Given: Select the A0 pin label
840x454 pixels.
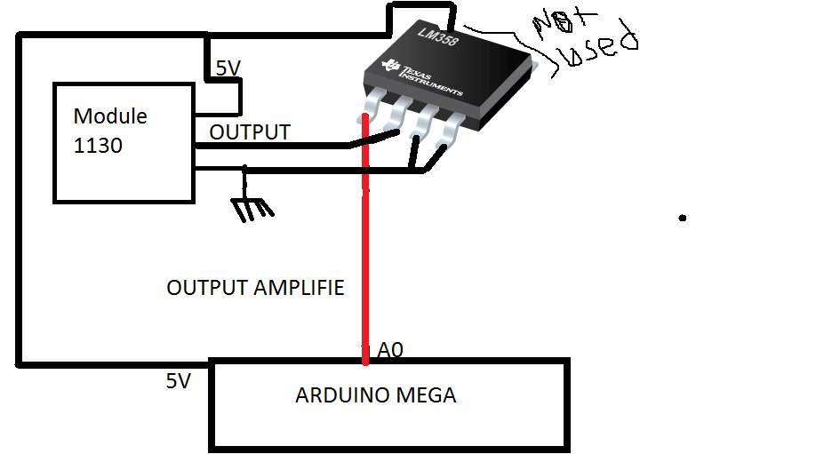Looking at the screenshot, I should click(x=390, y=351).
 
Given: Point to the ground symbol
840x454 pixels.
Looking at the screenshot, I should click(x=252, y=207).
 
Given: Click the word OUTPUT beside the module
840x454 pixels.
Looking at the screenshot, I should click(x=250, y=132).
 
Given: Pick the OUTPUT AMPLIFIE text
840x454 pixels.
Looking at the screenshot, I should click(x=255, y=288).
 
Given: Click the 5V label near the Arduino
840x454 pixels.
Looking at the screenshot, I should click(x=178, y=381).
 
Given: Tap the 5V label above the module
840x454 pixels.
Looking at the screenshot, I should click(x=228, y=68).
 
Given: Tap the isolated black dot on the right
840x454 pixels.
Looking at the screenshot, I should click(x=683, y=217).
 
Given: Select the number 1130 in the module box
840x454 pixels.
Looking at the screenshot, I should click(x=98, y=145).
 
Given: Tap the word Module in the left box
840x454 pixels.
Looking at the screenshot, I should click(x=110, y=116).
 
